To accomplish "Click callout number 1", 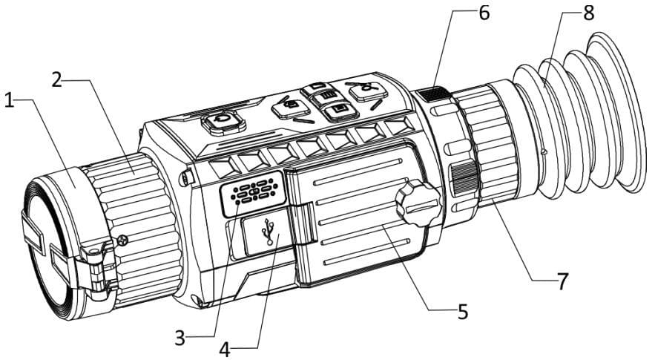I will pos(10,101).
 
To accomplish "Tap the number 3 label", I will pos(180,338).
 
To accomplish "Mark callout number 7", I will pos(562,280).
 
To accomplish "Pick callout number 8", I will pos(589,13).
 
